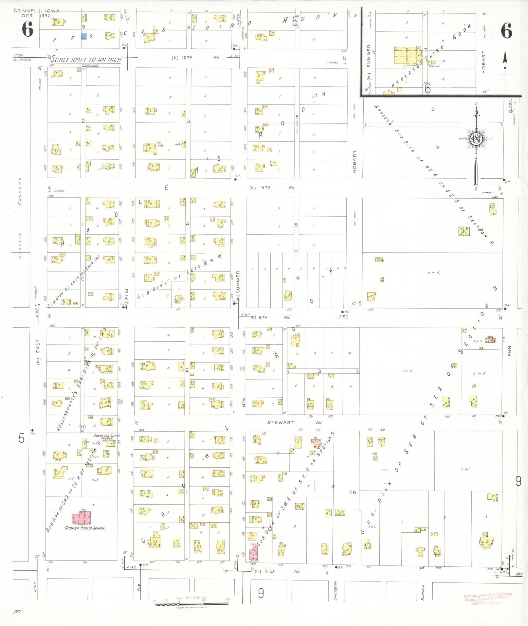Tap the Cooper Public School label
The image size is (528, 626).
coord(85,528)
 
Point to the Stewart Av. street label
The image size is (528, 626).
coord(294,422)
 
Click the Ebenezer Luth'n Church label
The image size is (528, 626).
coord(107,437)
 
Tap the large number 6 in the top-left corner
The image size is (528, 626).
coord(28,30)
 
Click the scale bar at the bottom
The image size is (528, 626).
coord(192,602)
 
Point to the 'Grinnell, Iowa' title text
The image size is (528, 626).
coord(36,11)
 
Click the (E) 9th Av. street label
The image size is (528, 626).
coord(272,188)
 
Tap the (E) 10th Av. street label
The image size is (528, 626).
coord(196,58)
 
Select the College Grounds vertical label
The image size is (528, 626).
coord(20,218)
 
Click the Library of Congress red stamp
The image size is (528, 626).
coord(488,599)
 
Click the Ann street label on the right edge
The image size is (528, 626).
coord(509,351)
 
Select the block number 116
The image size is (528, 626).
coord(352,492)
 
